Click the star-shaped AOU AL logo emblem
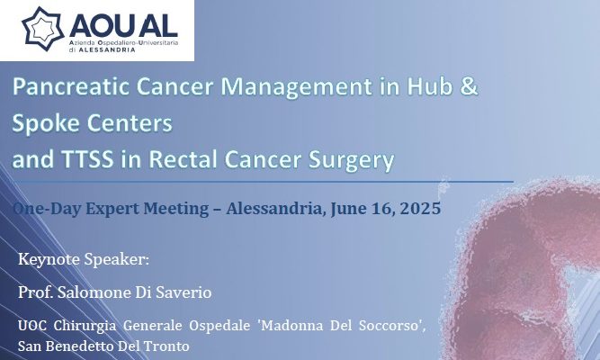click(x=42, y=29)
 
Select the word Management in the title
click(x=296, y=87)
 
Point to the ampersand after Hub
click(x=469, y=86)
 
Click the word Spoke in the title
click(x=46, y=124)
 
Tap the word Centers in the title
click(x=130, y=123)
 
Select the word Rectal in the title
click(x=184, y=159)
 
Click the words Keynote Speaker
click(x=84, y=260)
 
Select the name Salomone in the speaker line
click(x=94, y=293)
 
